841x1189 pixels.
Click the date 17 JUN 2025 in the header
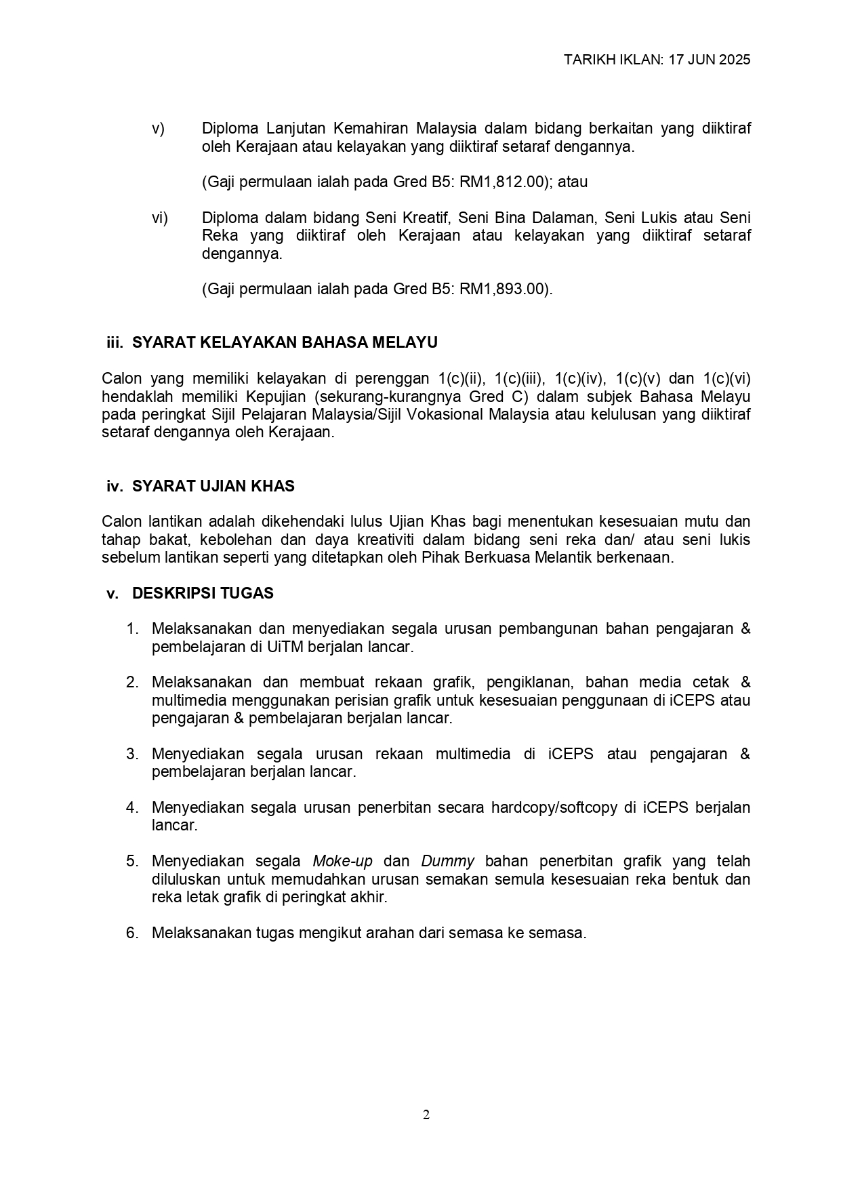709,60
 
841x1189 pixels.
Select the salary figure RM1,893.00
501,289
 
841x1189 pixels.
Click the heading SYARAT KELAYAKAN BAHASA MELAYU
285,342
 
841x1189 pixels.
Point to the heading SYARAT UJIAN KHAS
213,486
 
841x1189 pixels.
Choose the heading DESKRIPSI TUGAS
203,593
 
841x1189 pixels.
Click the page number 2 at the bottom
426,1115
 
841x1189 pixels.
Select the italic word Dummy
447,861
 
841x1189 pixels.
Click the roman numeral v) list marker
158,129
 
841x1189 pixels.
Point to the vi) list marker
159,218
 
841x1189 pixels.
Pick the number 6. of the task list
132,933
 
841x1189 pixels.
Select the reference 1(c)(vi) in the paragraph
726,378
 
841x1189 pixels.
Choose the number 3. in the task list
132,754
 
